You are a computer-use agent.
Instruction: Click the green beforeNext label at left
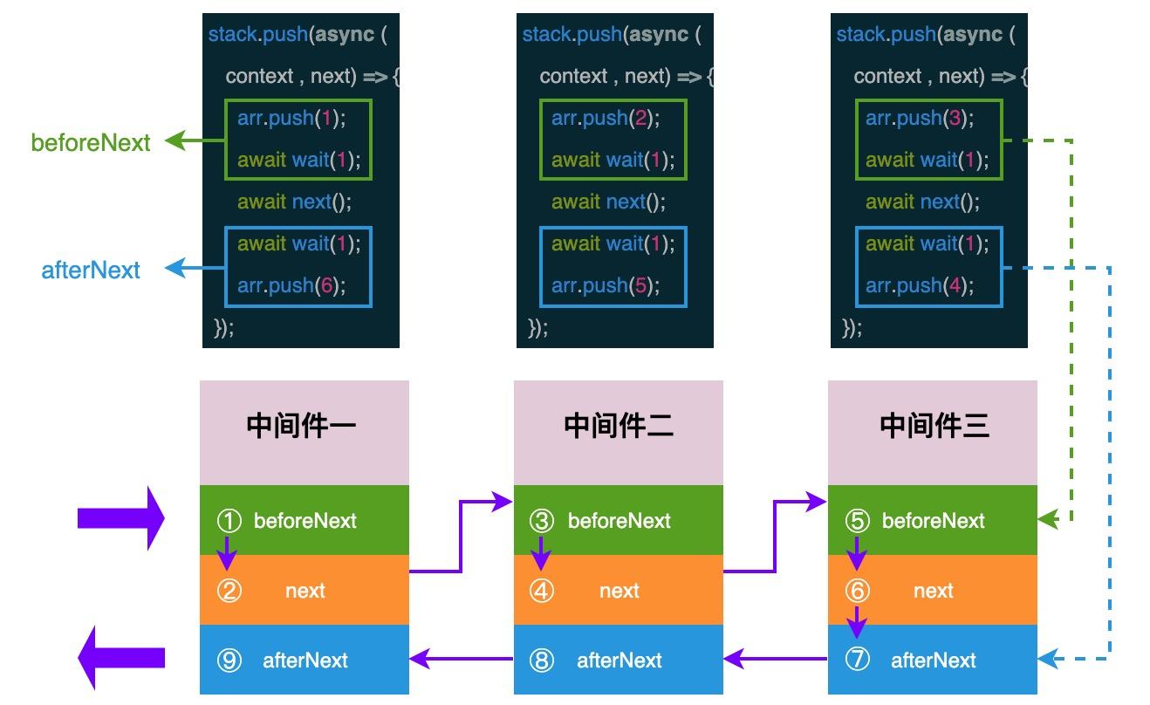point(91,142)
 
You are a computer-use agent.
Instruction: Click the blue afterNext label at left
point(91,270)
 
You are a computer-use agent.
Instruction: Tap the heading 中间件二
point(618,426)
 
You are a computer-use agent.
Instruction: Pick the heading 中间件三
point(934,426)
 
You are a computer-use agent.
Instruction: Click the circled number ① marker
point(229,521)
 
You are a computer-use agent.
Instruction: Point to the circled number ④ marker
point(542,591)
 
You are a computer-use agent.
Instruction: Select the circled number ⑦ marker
point(858,661)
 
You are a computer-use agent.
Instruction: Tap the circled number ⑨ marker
point(229,661)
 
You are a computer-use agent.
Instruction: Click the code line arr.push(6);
point(291,285)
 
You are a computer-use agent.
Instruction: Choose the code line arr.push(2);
point(606,118)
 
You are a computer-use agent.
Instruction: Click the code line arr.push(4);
point(920,285)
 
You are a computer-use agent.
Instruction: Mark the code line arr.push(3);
point(920,118)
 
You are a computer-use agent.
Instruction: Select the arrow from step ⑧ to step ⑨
point(461,660)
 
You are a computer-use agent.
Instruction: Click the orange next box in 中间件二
point(619,591)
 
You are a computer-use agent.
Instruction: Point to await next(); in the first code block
point(294,202)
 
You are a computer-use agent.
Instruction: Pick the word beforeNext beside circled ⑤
point(933,521)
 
